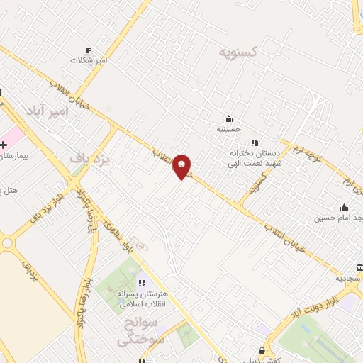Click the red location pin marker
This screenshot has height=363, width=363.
click(181, 166)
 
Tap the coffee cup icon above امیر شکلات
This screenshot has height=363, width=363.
click(88, 50)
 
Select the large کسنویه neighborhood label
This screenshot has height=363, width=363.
click(238, 52)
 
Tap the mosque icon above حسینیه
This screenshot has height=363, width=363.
click(228, 118)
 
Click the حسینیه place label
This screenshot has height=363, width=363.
click(228, 130)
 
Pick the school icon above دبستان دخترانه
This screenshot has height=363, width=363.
click(255, 142)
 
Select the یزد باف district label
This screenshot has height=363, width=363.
click(91, 159)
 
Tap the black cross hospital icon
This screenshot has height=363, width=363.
click(4, 145)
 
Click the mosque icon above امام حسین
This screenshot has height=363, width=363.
click(344, 208)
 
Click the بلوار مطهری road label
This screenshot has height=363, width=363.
click(118, 235)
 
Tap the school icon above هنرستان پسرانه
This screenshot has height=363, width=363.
click(142, 283)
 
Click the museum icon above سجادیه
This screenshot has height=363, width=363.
click(359, 267)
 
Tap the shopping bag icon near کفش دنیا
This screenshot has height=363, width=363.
click(262, 350)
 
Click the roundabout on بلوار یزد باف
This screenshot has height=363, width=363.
click(8, 243)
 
